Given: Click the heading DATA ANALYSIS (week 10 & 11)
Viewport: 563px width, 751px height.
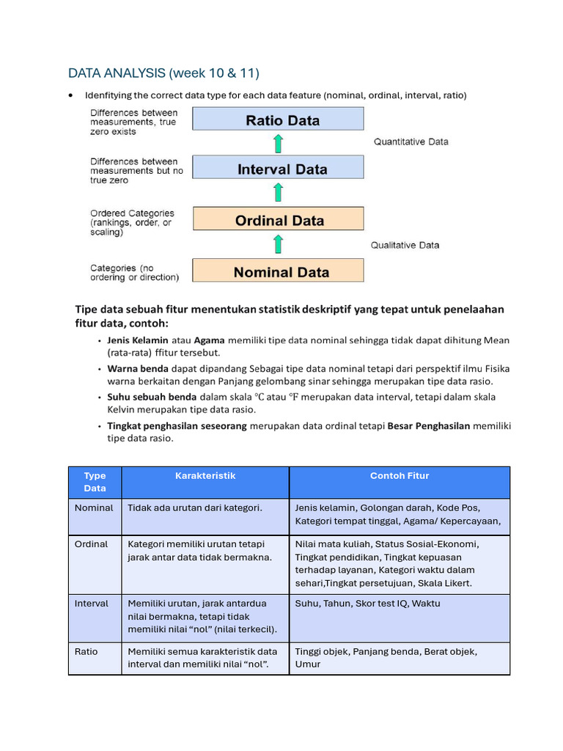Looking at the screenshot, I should click(163, 73).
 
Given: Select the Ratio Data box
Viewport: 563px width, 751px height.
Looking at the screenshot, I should click(278, 120).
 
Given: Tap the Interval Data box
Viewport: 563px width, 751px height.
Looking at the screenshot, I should click(278, 169).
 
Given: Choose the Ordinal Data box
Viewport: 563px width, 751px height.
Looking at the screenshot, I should click(278, 220).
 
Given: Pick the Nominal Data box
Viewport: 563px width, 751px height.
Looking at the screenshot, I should click(278, 272).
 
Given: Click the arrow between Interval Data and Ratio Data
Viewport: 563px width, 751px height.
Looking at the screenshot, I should click(278, 143).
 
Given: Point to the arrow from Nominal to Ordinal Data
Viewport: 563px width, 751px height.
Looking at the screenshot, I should click(278, 245).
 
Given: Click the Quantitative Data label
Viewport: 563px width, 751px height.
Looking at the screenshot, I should click(411, 142).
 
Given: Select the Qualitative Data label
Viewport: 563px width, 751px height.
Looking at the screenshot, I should click(405, 245).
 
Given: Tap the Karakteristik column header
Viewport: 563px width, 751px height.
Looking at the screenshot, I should click(205, 476).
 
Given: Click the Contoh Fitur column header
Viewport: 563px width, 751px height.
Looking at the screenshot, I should click(400, 476).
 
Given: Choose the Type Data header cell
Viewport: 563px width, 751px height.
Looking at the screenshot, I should click(95, 482).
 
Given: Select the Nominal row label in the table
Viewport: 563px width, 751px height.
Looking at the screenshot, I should click(94, 508).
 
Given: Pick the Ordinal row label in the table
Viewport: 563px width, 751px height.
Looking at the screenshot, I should click(91, 544).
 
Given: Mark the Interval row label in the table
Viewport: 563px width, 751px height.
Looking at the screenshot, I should click(92, 604).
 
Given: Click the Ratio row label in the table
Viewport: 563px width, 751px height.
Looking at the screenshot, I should click(86, 651).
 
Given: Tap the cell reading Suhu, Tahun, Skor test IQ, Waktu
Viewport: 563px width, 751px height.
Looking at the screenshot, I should click(367, 604).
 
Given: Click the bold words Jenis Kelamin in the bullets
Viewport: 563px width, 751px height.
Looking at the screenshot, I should click(138, 340).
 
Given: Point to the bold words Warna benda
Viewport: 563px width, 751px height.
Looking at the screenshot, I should click(138, 369).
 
